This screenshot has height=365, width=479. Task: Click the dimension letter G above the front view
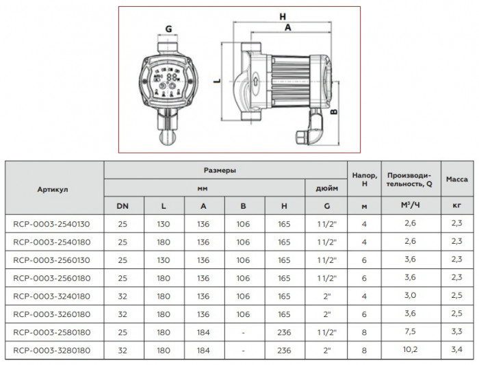[x=168, y=29]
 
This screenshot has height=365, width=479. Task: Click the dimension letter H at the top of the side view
[x=282, y=15]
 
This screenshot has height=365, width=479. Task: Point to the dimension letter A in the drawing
[x=287, y=28]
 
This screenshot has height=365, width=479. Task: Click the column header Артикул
[x=53, y=188]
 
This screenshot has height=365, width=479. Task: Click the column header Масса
[x=456, y=179]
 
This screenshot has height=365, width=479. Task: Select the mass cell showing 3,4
[x=456, y=351]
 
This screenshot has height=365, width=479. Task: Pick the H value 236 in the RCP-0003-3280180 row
[x=284, y=351]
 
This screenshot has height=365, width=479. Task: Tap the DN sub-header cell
[x=123, y=205]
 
